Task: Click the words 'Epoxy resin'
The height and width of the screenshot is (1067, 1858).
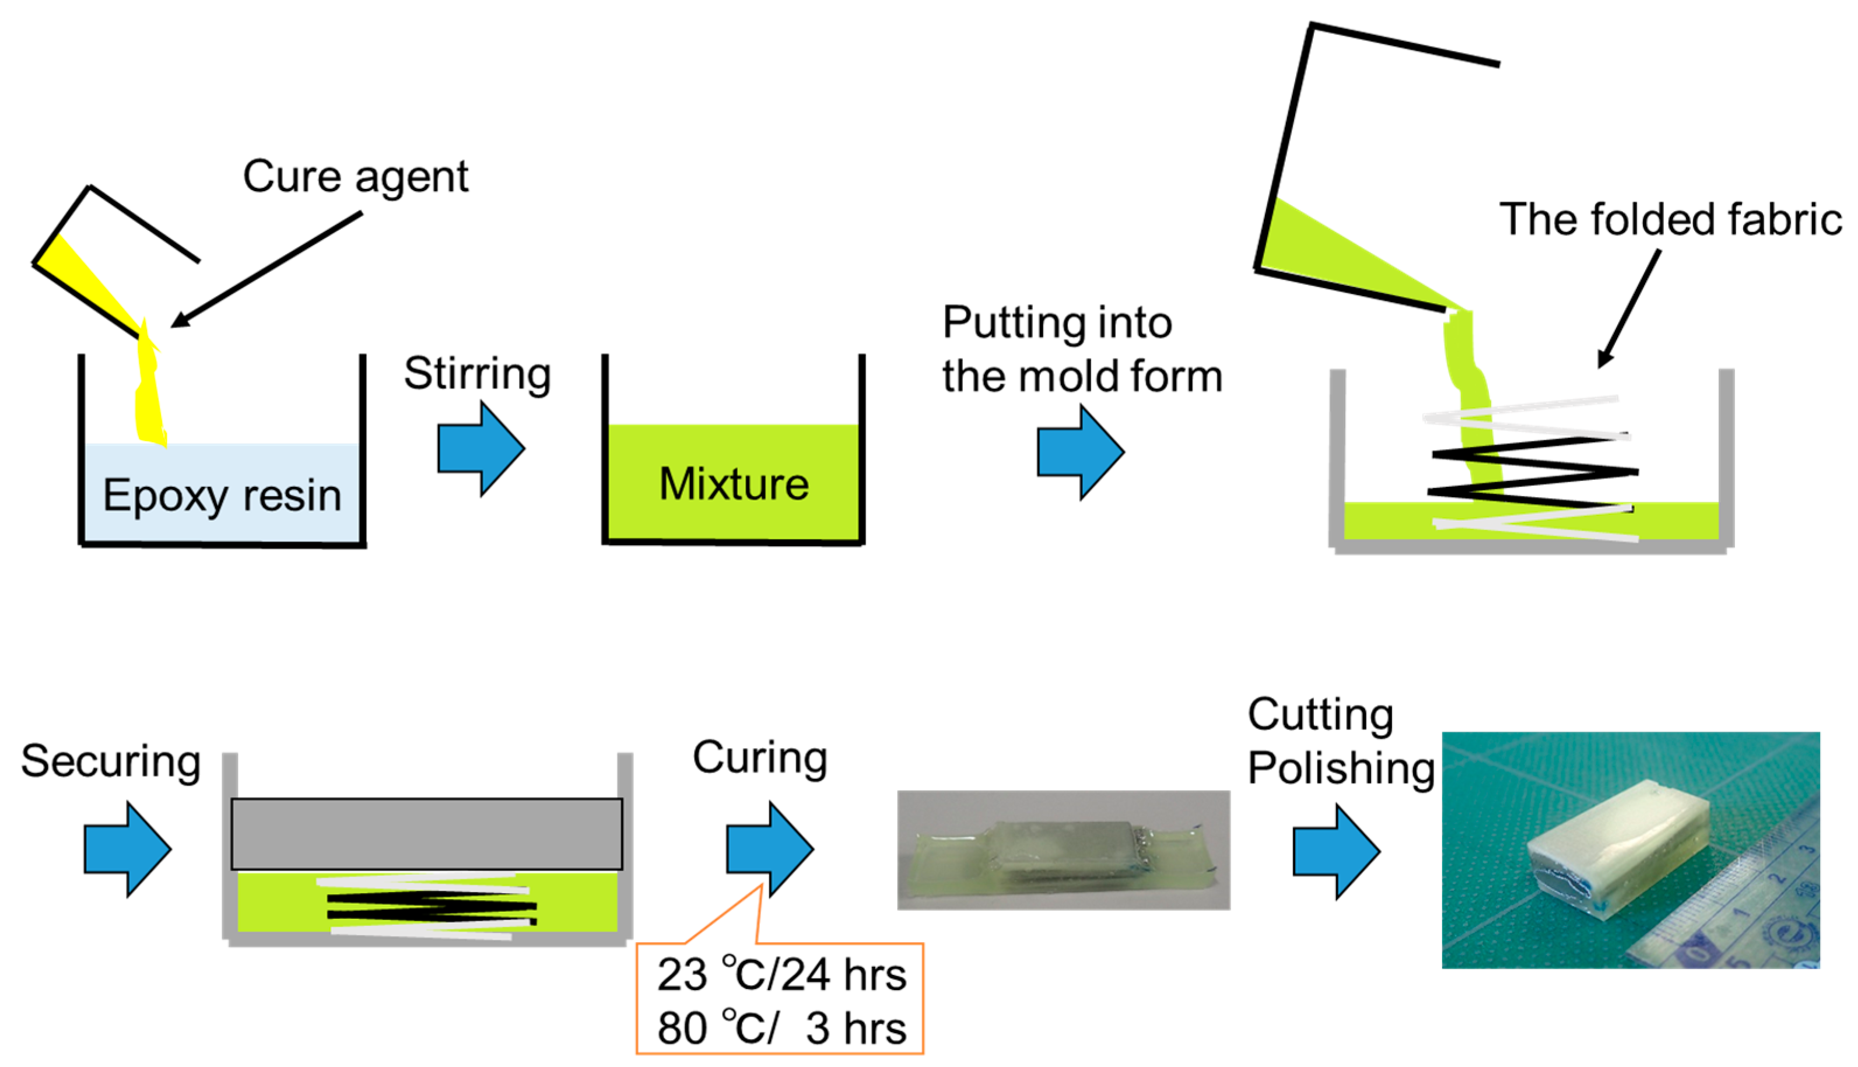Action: click(222, 496)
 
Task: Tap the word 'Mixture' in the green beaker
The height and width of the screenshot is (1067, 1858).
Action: click(734, 485)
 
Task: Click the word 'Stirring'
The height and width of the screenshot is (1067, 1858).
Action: click(477, 374)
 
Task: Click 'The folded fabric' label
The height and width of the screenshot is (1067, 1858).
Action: click(1670, 219)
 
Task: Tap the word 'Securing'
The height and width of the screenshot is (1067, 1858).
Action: click(111, 761)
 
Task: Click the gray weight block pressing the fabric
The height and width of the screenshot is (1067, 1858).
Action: click(426, 834)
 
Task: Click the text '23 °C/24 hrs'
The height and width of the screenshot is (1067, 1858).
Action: click(781, 975)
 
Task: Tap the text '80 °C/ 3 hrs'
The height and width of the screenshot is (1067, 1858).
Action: click(781, 1027)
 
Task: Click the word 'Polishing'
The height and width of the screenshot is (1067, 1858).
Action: click(1341, 768)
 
